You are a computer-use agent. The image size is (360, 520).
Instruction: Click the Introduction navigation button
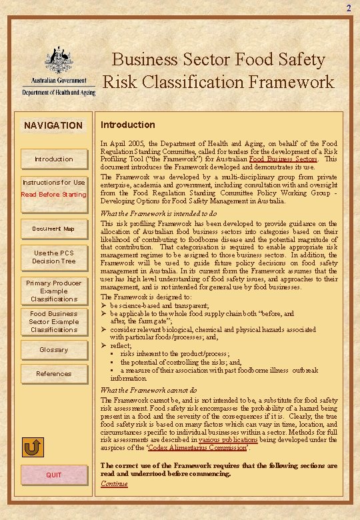tap(53, 159)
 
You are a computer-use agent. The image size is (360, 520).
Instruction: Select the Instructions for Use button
tap(53, 182)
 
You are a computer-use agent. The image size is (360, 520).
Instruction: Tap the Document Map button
tap(53, 229)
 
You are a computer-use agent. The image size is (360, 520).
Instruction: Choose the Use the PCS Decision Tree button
tap(53, 257)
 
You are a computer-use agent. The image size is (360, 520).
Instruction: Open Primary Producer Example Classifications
tap(53, 291)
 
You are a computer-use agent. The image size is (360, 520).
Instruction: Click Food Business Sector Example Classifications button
tap(53, 321)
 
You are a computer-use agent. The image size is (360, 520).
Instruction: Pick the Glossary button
tap(53, 349)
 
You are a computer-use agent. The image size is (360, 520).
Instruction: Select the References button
tap(53, 374)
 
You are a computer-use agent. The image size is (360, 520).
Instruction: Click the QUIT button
tap(53, 475)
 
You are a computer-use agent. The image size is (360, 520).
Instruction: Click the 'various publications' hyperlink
tap(228, 441)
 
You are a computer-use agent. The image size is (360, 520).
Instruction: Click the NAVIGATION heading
tap(53, 125)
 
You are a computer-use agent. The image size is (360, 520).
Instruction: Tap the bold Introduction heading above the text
tap(127, 125)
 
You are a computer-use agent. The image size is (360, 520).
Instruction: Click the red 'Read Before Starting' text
tap(53, 195)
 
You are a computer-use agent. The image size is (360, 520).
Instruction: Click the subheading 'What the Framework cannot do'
tap(148, 390)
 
